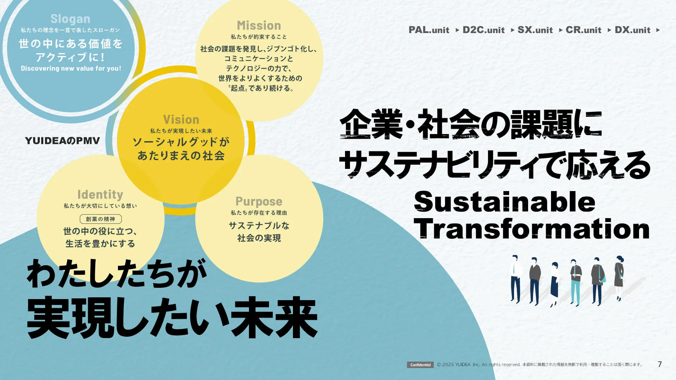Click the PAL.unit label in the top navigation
(429, 30)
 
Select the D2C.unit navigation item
(483, 30)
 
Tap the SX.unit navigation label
(535, 30)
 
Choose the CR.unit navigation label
(583, 30)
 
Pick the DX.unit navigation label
(632, 30)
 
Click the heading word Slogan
(70, 19)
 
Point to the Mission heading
(259, 25)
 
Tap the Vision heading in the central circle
(181, 120)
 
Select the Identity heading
(100, 195)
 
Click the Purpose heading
(259, 202)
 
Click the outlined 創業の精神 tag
(101, 219)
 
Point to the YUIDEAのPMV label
(62, 141)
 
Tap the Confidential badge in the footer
(420, 365)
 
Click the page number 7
(660, 364)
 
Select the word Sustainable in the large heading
(505, 202)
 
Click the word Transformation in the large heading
(532, 229)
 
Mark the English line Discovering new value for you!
(71, 68)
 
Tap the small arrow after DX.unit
(658, 30)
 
